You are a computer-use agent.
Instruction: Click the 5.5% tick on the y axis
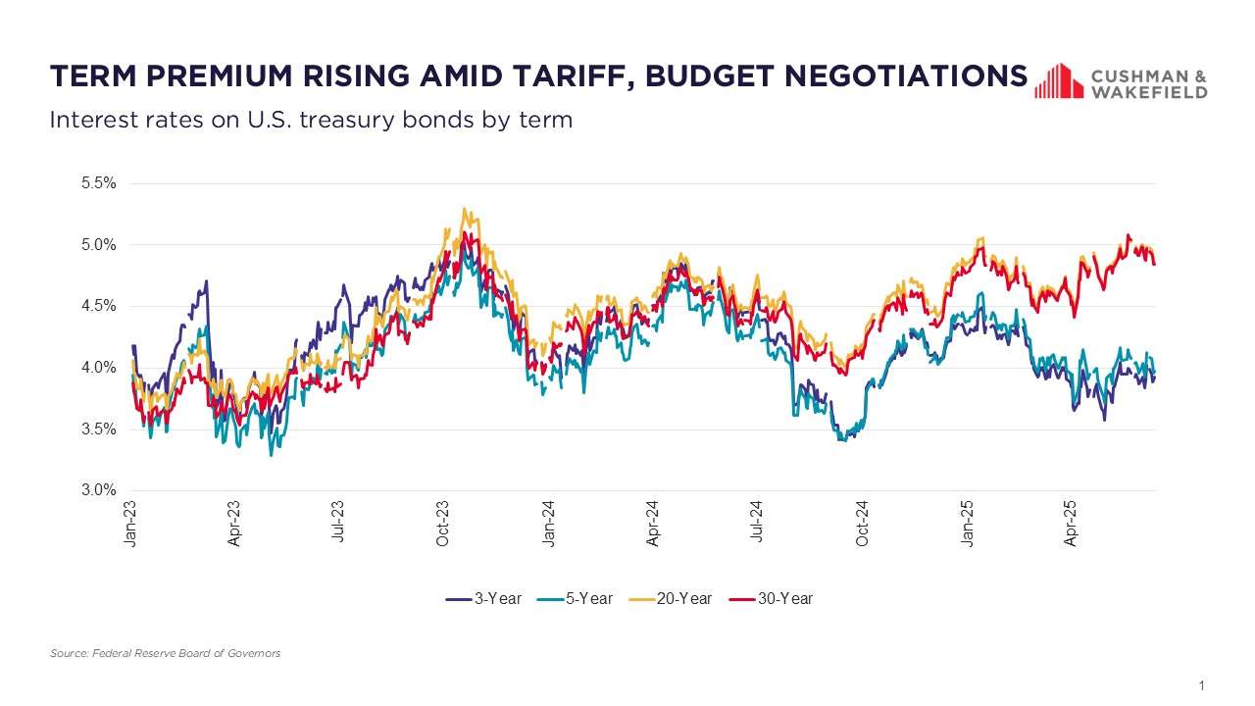pos(100,183)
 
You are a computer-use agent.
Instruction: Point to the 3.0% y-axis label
pos(100,490)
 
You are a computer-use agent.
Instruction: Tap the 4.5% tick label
pos(100,306)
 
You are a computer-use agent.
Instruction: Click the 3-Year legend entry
pos(484,598)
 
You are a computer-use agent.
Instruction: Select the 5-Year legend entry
pos(576,598)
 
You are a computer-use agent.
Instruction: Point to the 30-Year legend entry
pos(772,598)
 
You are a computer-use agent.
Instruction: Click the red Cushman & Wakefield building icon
pos(1058,81)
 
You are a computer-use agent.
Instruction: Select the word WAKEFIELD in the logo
pos(1149,91)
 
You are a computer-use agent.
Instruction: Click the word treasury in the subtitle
pos(359,120)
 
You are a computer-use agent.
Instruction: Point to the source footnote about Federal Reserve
pos(165,653)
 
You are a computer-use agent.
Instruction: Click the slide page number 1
pos(1201,684)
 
